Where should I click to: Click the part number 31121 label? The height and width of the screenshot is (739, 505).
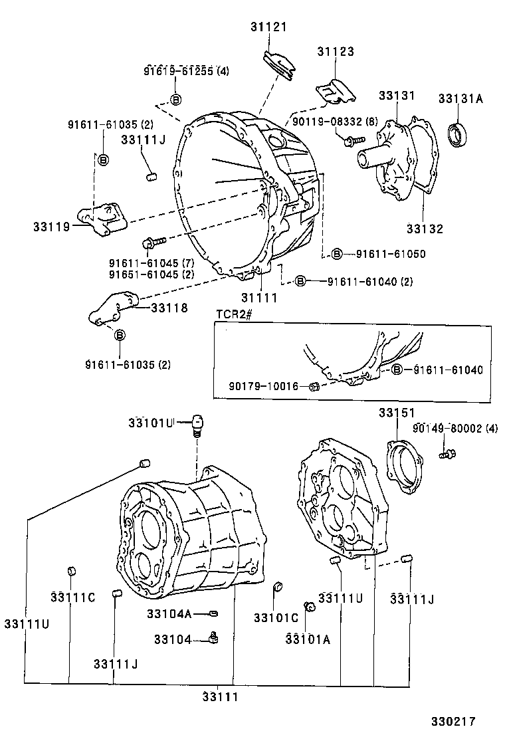click(x=269, y=27)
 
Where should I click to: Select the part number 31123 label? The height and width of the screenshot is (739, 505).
click(x=335, y=52)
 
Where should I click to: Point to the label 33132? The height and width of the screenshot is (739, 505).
click(x=425, y=229)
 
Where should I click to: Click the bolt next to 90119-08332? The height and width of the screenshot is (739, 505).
click(x=351, y=140)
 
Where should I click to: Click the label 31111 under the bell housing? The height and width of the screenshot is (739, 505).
click(x=259, y=298)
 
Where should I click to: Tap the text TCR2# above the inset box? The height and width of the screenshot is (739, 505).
click(x=232, y=314)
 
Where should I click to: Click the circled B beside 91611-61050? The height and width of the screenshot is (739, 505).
click(x=338, y=254)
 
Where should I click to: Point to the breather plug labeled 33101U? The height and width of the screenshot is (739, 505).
click(x=197, y=423)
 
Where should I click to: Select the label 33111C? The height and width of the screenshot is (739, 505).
click(x=72, y=597)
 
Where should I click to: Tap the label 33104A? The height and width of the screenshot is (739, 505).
click(x=169, y=613)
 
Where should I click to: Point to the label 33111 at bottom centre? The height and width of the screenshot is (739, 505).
click(x=221, y=697)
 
